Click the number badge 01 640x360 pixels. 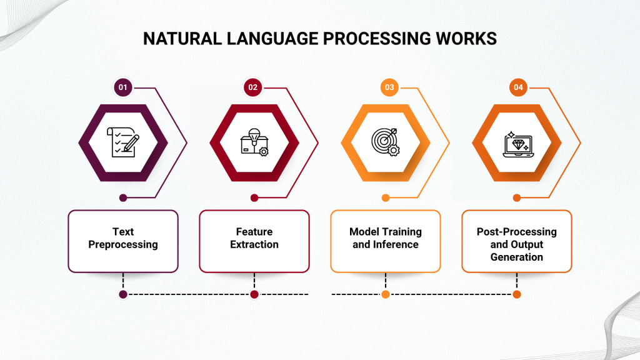123,87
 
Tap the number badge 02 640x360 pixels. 253,87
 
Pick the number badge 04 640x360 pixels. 518,87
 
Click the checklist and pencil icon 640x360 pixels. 122,142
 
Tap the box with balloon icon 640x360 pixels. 254,142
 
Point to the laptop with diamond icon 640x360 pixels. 517,142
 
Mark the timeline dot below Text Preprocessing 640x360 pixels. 123,294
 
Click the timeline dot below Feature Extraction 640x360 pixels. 254,294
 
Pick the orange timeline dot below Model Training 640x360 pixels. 386,294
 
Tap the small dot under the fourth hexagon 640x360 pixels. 517,198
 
